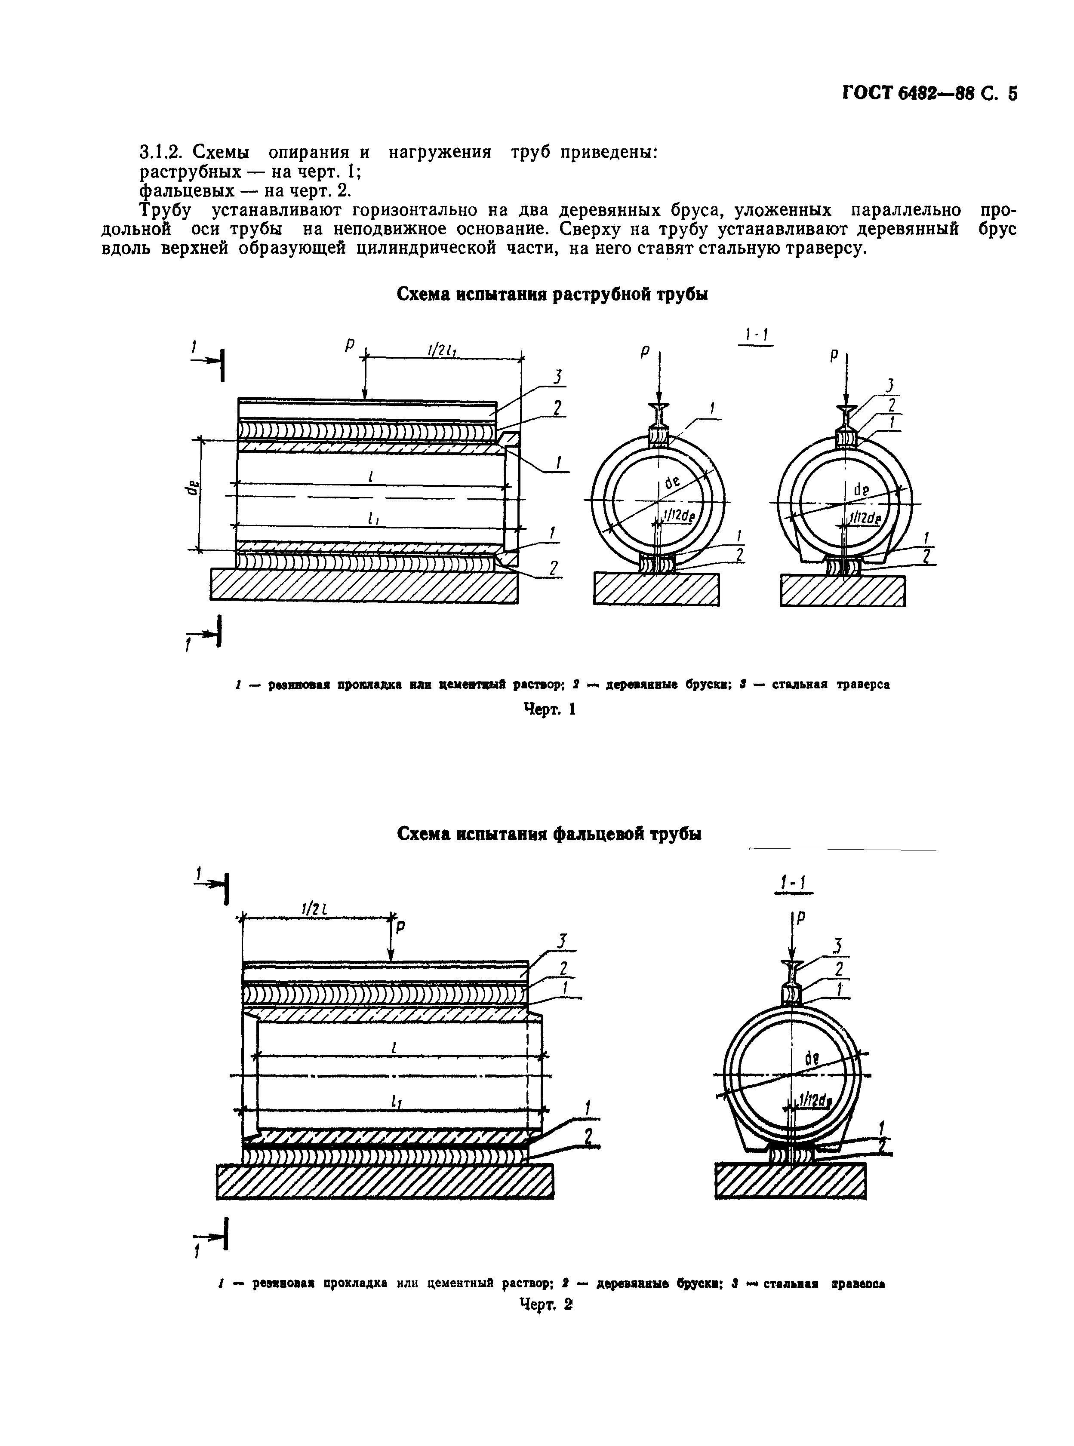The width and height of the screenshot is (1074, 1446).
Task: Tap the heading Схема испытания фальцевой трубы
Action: [549, 834]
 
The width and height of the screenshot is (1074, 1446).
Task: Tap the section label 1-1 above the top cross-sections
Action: [757, 335]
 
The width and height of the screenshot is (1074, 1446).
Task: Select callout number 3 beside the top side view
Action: [557, 378]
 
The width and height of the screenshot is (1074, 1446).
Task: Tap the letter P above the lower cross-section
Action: [801, 917]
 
